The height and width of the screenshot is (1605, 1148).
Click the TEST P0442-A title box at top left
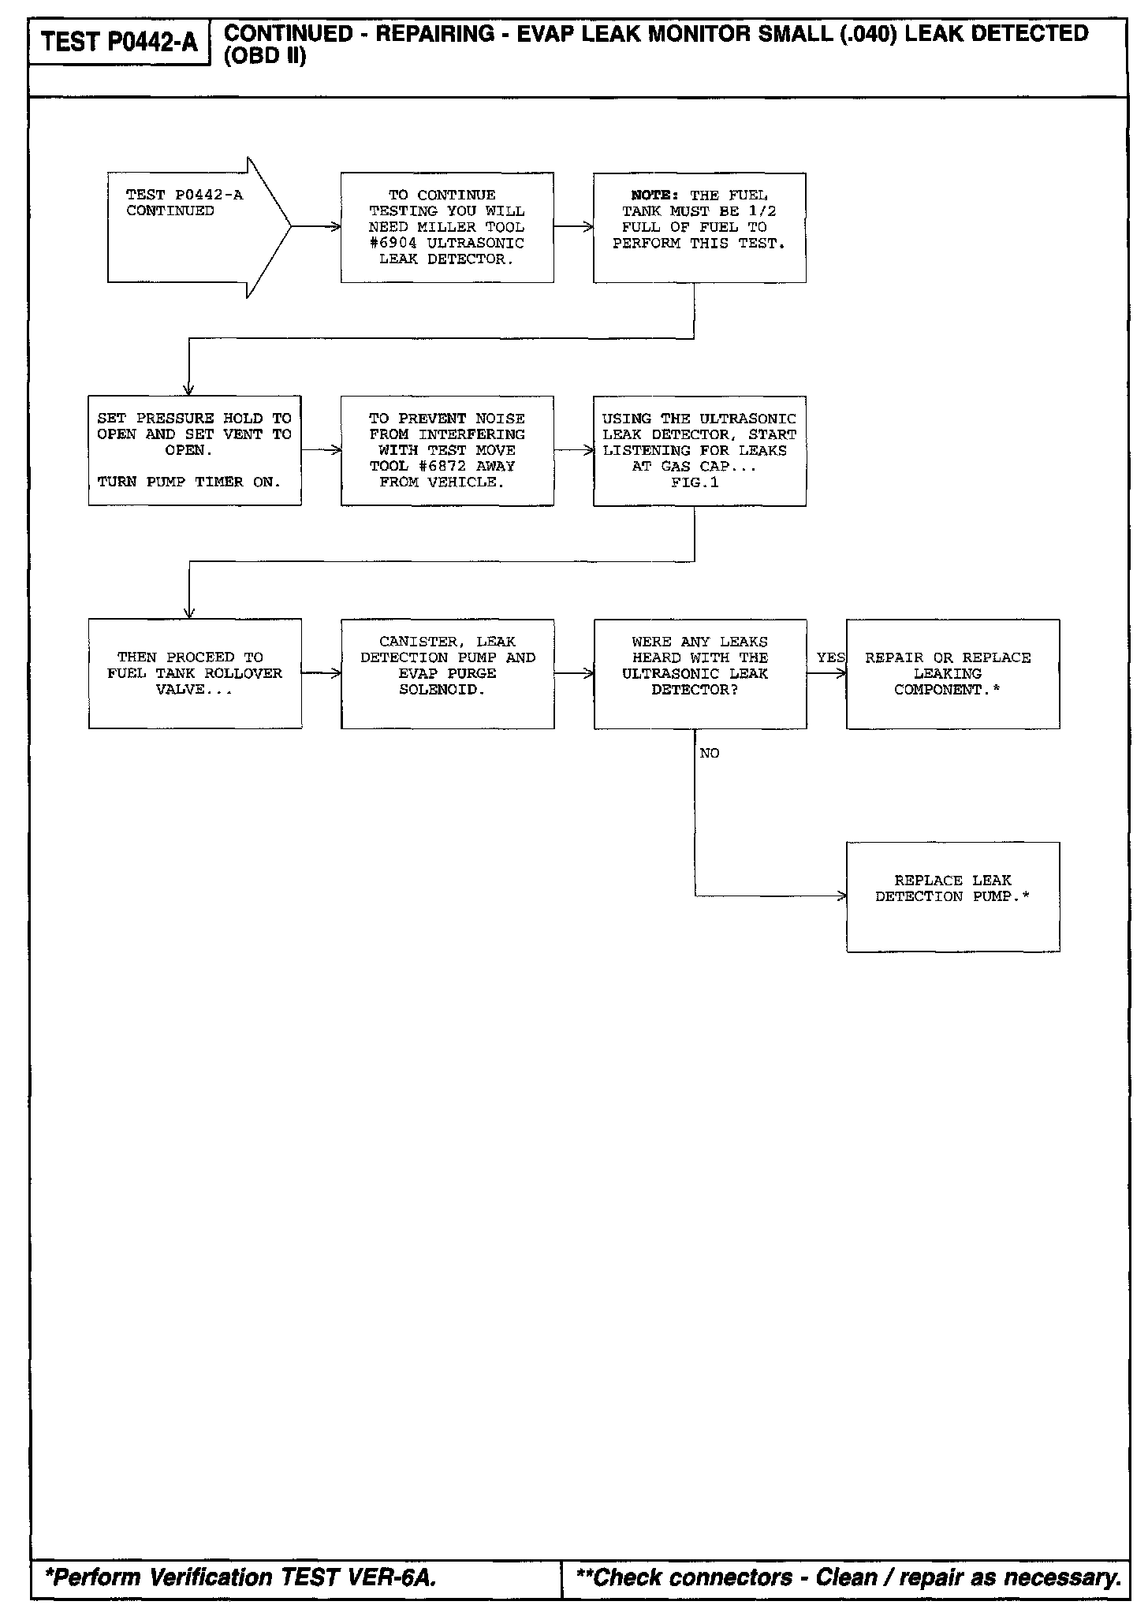119,42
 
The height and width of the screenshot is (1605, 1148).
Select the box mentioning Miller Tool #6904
447,227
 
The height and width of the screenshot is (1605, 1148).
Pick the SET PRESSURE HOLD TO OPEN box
195,450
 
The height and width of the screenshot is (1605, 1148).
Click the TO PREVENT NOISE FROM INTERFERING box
447,450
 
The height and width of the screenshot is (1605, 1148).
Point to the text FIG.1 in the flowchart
695,482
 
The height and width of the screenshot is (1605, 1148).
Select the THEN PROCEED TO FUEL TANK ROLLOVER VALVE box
195,673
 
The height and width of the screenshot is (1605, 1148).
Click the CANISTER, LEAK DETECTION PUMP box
447,673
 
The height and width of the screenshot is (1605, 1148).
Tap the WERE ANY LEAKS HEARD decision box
699,673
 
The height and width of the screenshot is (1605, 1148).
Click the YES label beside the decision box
830,657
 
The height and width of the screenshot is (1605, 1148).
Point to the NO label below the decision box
710,754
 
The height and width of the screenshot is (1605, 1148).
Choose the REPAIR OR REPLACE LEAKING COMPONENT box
952,673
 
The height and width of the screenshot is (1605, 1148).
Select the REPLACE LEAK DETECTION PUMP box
952,896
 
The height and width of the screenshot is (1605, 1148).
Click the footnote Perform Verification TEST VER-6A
241,1576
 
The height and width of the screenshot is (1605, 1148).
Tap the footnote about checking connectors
848,1576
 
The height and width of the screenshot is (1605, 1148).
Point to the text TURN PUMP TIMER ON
189,482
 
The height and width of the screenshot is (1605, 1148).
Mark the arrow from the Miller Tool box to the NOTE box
573,227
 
